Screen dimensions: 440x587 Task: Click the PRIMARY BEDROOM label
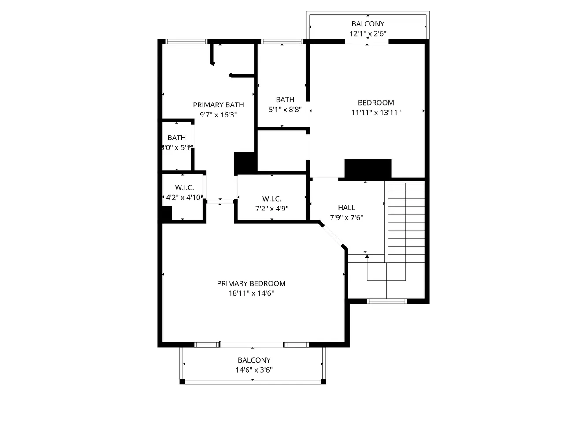coord(251,283)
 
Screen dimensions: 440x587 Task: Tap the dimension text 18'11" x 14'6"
coord(251,293)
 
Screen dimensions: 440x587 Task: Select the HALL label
coord(347,208)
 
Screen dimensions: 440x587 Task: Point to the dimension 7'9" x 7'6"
coord(347,217)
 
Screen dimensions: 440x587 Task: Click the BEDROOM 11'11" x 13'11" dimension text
coord(376,113)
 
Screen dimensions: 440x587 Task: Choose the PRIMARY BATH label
coord(218,105)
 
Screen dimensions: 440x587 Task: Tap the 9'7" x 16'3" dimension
coord(218,115)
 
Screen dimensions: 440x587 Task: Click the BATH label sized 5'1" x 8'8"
coord(285,99)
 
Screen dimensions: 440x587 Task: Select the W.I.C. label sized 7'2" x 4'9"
coord(272,199)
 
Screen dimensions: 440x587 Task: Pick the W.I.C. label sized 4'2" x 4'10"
coord(185,187)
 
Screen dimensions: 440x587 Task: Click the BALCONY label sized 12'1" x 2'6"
coord(368,24)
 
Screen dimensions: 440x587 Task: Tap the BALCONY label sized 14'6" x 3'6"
coord(254,360)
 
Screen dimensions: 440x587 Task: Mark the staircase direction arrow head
coord(367,257)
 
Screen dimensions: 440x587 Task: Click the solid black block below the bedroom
coord(368,169)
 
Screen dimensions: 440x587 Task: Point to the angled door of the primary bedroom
coord(332,237)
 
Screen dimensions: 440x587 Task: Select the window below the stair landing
coord(387,301)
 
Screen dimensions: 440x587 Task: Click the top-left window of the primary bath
coord(186,42)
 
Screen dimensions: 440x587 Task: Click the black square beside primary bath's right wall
coord(245,163)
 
